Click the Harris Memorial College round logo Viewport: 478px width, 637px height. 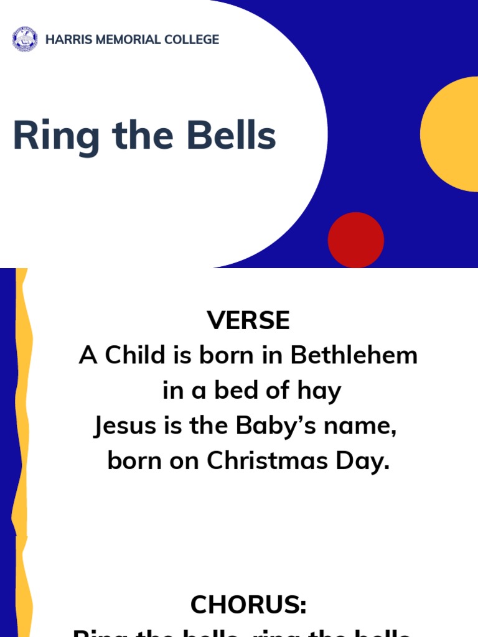pos(25,39)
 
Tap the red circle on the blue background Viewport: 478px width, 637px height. pos(355,240)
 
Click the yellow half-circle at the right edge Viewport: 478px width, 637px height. pos(451,134)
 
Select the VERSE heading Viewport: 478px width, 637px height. pos(248,321)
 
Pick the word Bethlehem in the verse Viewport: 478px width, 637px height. pos(354,356)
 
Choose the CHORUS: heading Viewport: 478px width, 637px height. pos(248,605)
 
